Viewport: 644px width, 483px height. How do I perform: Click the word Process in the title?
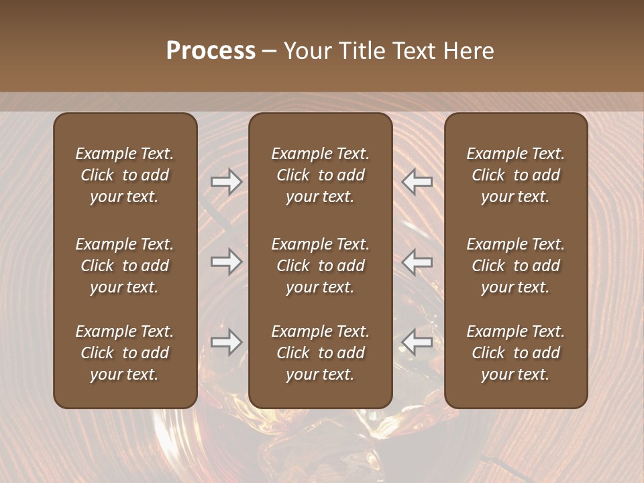(x=211, y=51)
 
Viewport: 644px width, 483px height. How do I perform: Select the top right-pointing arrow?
(x=227, y=181)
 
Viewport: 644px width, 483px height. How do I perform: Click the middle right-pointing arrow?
(x=227, y=262)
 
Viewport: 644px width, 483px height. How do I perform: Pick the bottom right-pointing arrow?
(x=227, y=342)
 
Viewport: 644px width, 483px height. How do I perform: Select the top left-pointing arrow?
(x=417, y=181)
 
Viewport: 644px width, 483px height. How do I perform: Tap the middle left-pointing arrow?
(x=417, y=262)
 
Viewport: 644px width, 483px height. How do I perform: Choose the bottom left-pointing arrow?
(x=417, y=342)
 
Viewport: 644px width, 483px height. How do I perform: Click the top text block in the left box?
(x=125, y=175)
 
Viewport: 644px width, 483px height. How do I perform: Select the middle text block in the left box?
(x=125, y=266)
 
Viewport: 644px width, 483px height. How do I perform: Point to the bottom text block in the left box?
(x=125, y=353)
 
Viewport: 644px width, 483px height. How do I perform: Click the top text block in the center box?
(x=320, y=175)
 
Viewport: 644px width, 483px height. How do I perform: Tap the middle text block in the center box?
(x=320, y=266)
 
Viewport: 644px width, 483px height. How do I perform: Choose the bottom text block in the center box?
(x=320, y=353)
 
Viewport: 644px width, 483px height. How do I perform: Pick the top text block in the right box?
(x=516, y=175)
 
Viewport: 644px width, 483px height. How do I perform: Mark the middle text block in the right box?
(x=516, y=266)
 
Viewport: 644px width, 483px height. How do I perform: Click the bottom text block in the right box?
(x=516, y=353)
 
